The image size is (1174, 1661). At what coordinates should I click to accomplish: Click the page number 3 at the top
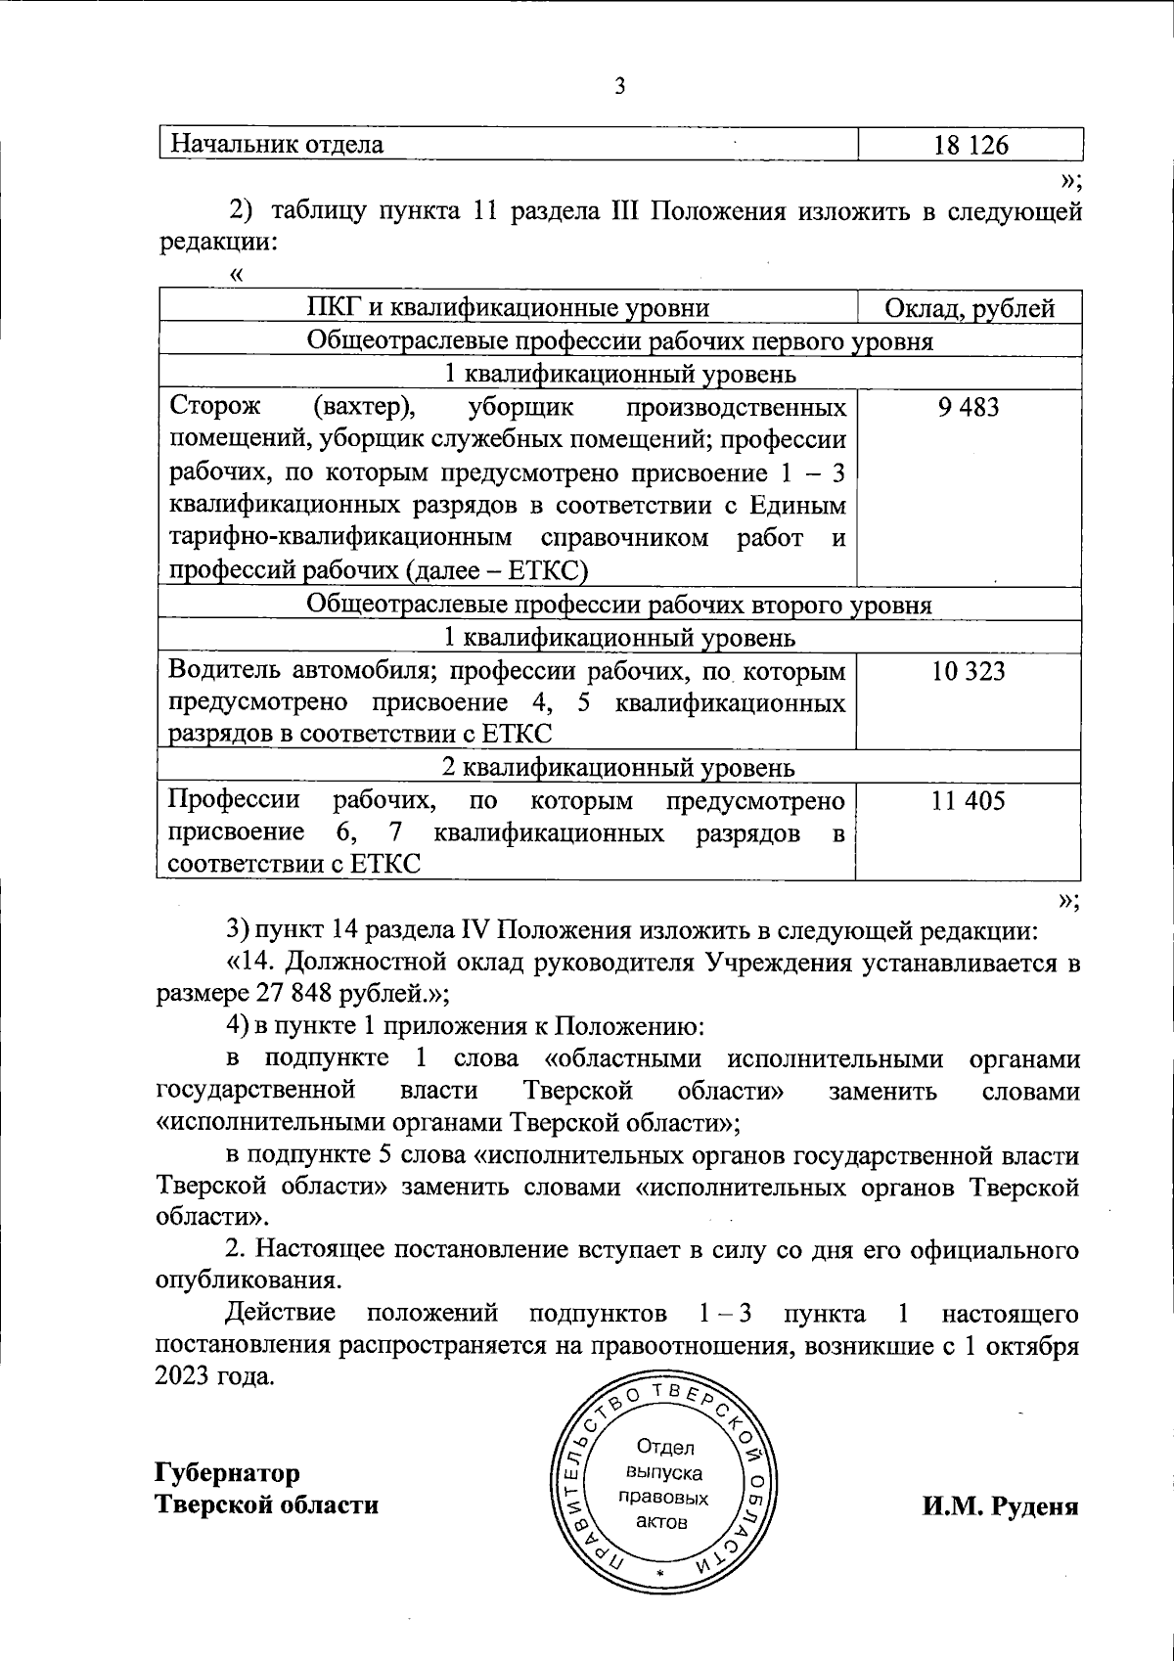[x=618, y=87]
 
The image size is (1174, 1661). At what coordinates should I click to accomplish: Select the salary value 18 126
[x=971, y=146]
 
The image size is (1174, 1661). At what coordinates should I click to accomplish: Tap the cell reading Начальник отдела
[x=277, y=146]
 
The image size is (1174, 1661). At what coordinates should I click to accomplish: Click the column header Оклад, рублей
[x=970, y=310]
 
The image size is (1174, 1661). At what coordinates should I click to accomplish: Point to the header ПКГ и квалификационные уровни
[x=508, y=310]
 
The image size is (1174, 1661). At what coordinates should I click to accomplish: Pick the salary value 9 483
[x=968, y=407]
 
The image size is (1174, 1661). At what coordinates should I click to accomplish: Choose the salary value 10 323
[x=968, y=672]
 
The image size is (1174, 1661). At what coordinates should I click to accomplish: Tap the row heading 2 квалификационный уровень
[x=619, y=768]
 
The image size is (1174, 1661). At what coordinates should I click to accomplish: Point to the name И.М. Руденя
[x=1000, y=1505]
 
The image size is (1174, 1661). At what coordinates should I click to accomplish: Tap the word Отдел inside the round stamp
[x=664, y=1448]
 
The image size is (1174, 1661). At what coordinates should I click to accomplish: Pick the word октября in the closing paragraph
[x=1032, y=1345]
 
